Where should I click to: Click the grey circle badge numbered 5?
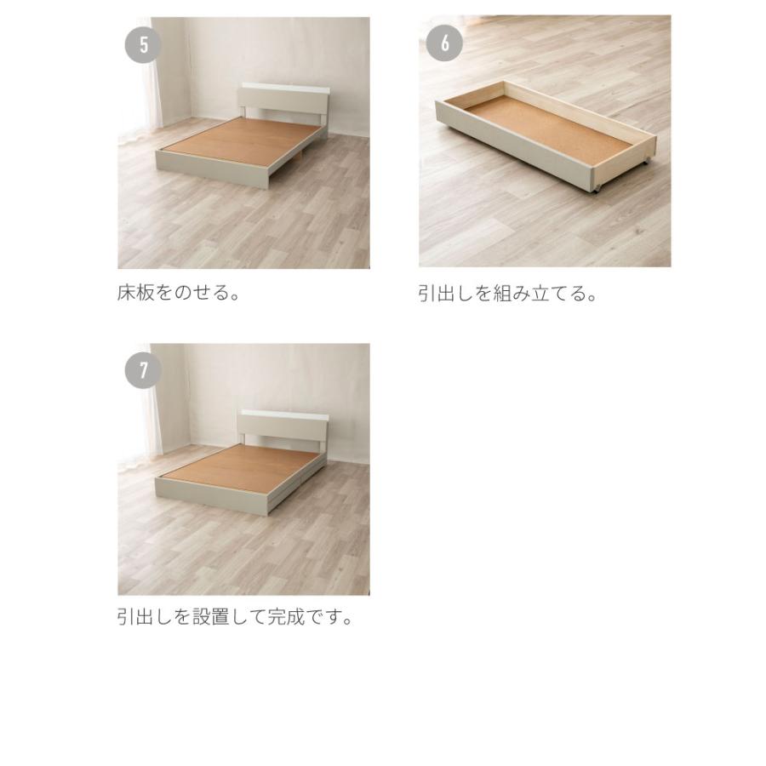click(x=144, y=44)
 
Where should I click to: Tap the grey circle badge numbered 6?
click(x=444, y=43)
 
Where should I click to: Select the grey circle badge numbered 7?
click(x=144, y=370)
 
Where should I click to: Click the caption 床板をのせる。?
click(x=178, y=294)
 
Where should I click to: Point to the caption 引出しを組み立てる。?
click(x=507, y=294)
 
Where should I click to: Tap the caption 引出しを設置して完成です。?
click(x=235, y=616)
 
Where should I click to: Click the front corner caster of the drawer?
click(x=597, y=186)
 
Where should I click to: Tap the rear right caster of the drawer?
click(x=649, y=158)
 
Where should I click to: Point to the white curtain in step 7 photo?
click(x=140, y=417)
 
